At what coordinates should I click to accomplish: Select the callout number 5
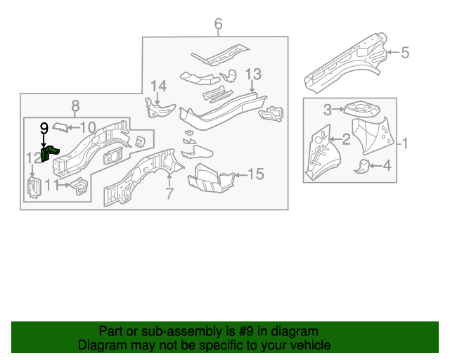(x=405, y=51)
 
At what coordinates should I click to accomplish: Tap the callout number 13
(x=252, y=74)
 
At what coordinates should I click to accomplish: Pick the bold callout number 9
(x=44, y=127)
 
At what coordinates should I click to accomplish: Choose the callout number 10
(x=87, y=127)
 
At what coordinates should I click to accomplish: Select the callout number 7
(x=169, y=193)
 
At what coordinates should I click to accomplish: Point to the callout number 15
(x=256, y=174)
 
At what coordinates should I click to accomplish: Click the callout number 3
(x=328, y=109)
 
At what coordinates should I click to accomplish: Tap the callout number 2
(x=346, y=139)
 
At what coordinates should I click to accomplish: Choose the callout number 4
(x=385, y=165)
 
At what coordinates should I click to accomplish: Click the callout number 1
(x=404, y=144)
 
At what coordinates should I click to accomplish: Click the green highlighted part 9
(x=49, y=153)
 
